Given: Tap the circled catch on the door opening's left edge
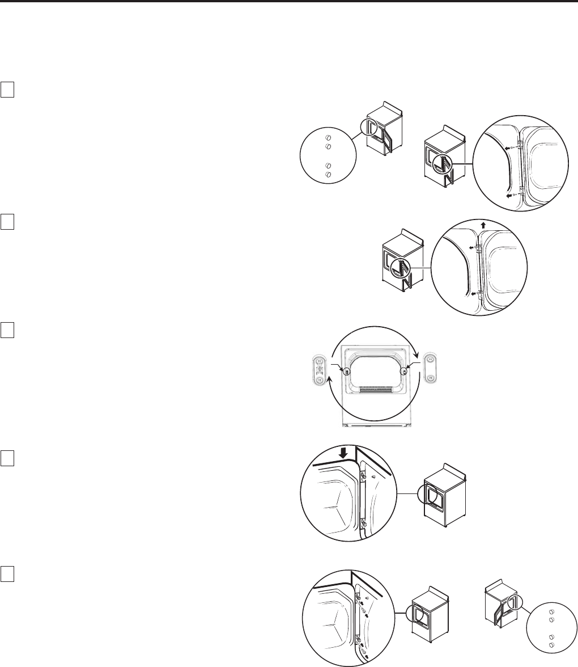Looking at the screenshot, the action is tap(345, 371).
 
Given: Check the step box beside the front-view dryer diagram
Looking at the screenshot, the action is tap(8, 330).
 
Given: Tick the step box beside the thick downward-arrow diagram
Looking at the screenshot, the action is tap(8, 458).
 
